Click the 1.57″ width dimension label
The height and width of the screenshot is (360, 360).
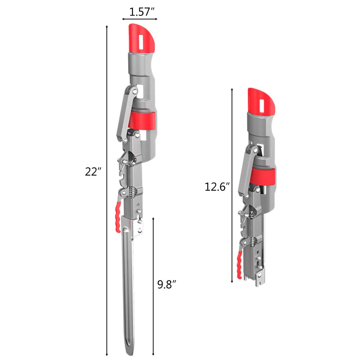click(x=142, y=12)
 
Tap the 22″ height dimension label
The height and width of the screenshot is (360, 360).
click(x=93, y=172)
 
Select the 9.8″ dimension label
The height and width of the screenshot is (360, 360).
click(x=167, y=284)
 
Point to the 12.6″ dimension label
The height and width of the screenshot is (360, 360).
click(x=217, y=187)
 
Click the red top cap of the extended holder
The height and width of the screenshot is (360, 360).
click(x=141, y=38)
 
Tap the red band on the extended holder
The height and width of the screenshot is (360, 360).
click(x=142, y=121)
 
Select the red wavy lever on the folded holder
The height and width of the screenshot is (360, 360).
click(x=239, y=265)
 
